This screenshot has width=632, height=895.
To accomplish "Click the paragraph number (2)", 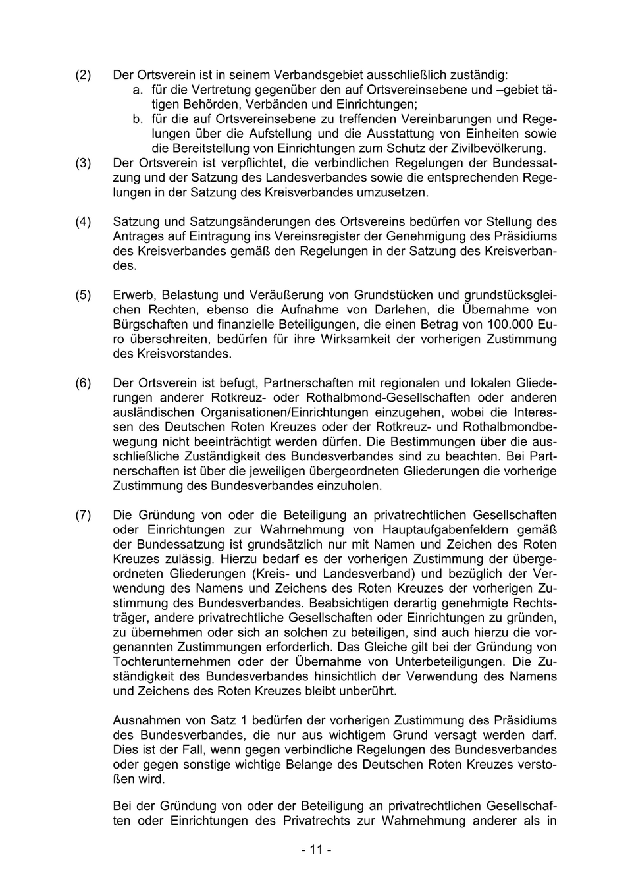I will [x=83, y=75].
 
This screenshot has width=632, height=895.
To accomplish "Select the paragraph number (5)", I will [x=83, y=295].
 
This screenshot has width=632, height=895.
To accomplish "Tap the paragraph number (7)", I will [x=83, y=515].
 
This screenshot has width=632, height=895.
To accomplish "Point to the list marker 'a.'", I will [x=138, y=90].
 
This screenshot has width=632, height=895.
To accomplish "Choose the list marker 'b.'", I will [x=138, y=119].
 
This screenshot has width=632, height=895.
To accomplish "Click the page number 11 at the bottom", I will [x=316, y=850].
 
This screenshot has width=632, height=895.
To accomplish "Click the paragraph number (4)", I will [x=83, y=222].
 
